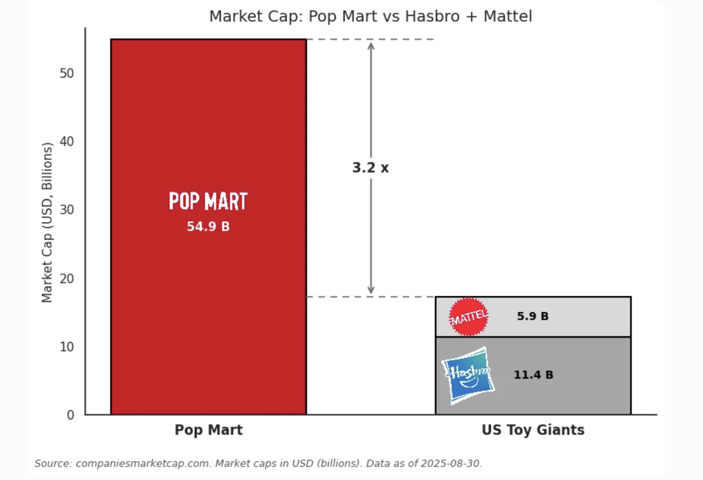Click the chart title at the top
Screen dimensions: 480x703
tap(370, 16)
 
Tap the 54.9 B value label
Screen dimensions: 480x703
tap(208, 227)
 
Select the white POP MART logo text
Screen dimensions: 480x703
tap(208, 202)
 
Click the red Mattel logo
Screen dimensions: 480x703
tap(468, 317)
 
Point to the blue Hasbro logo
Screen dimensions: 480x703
tap(467, 375)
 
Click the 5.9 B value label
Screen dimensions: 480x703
tap(532, 316)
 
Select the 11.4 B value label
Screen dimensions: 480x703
tap(533, 375)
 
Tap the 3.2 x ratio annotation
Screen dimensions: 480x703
tap(370, 168)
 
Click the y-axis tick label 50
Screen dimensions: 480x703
tap(66, 73)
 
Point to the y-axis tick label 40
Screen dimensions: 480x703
tap(66, 142)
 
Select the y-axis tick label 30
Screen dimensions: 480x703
tap(66, 210)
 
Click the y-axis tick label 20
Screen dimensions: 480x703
tap(66, 279)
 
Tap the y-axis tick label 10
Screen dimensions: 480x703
tap(66, 347)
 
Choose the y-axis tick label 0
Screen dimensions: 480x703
tap(70, 415)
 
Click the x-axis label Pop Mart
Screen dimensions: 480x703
tap(208, 430)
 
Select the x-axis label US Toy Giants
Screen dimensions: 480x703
tap(533, 430)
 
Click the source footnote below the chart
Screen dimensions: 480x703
tap(258, 464)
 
